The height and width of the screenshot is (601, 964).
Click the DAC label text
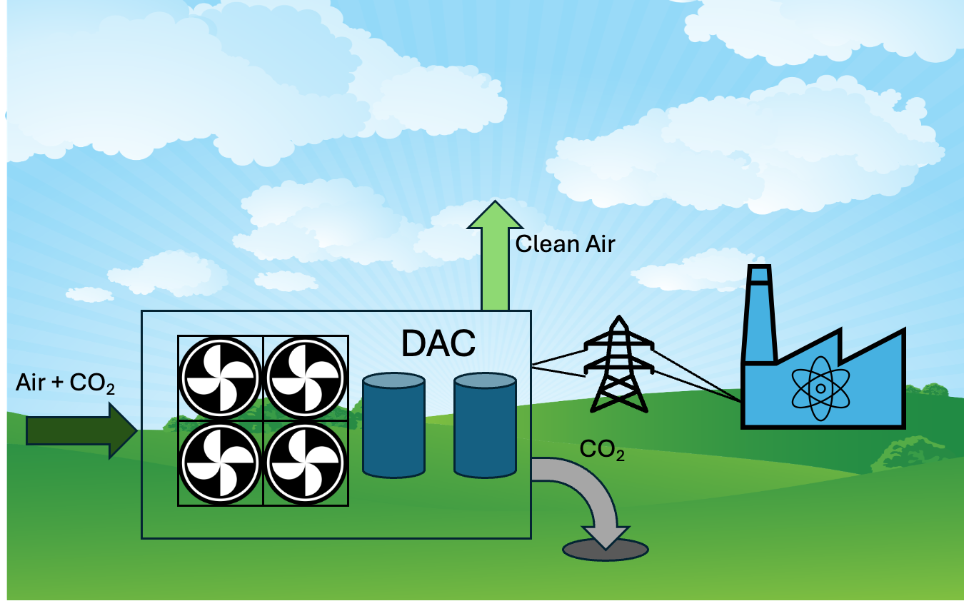pyautogui.click(x=438, y=344)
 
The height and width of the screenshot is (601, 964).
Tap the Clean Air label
pyautogui.click(x=565, y=244)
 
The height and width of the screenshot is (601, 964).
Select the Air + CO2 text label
pyautogui.click(x=65, y=384)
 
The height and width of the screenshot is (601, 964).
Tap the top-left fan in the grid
pyautogui.click(x=220, y=377)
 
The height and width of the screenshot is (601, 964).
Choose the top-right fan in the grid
pyautogui.click(x=306, y=377)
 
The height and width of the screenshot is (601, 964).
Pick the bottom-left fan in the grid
pyautogui.click(x=220, y=463)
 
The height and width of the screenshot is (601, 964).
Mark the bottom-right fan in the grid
pyautogui.click(x=306, y=463)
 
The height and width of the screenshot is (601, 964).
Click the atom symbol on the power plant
pyautogui.click(x=820, y=388)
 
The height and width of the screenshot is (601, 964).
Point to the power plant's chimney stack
pyautogui.click(x=758, y=314)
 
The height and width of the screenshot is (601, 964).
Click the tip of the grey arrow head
pyautogui.click(x=606, y=548)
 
